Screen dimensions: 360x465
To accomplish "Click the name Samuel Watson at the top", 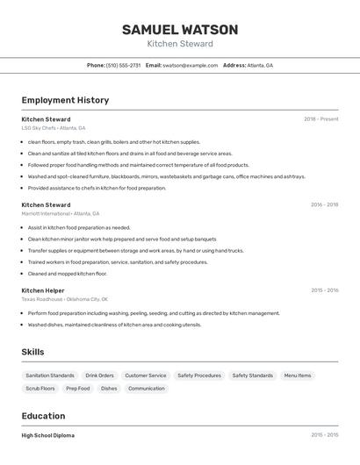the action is [180, 30].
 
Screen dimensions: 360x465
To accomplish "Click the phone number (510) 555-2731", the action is [123, 65].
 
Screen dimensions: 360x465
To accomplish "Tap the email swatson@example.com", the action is [191, 65].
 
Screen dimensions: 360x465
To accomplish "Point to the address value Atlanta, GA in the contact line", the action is [260, 65].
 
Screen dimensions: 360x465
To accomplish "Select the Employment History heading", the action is [65, 100].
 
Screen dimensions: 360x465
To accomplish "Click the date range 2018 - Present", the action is [320, 119].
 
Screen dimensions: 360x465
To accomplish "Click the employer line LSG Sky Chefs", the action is [54, 128].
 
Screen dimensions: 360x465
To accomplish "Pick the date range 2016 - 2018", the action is [324, 205].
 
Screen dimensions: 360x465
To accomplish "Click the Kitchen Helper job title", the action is [43, 290].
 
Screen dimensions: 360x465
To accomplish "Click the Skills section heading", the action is [32, 352].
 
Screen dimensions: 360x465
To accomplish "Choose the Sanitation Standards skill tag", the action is [50, 376].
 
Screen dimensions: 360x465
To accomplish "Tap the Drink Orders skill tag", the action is [100, 376].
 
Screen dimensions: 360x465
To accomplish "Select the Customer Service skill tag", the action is [145, 376].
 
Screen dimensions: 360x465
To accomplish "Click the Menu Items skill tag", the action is [297, 376].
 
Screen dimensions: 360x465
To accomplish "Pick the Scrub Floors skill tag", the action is [40, 388].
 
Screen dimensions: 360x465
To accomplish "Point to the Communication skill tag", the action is [147, 388].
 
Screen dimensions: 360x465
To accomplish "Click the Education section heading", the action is [43, 416].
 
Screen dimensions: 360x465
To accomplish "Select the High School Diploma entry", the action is [48, 435].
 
